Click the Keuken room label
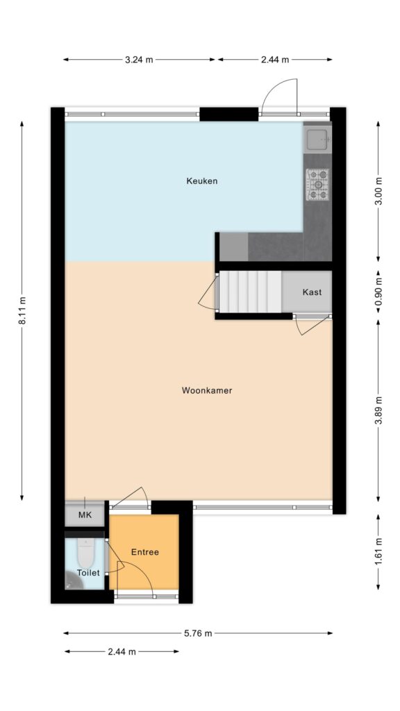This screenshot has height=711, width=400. coord(202,181)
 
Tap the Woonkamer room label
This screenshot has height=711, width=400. coord(207,390)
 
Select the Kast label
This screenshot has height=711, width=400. coord(312,292)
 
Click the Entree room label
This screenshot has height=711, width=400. coord(145,552)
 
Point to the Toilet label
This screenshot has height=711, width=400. coord(88,573)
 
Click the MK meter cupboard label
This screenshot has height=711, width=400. coord(85,515)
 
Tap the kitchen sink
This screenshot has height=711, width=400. coord(317,138)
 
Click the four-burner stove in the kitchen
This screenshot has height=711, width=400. coord(318,184)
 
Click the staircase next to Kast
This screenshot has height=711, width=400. coord(250,292)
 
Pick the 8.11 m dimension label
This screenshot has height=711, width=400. coord(22,310)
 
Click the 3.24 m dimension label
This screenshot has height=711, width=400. coord(139,60)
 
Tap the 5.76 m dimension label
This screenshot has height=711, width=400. coord(198,633)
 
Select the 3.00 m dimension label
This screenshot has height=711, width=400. coord(378,192)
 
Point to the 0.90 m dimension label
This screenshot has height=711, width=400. coord(378,293)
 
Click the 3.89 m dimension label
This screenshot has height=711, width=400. coord(378,410)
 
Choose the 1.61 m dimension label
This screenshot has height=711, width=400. coord(378,551)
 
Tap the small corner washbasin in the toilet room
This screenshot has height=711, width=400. coord(72,580)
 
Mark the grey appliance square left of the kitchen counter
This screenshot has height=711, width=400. coord(233,246)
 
